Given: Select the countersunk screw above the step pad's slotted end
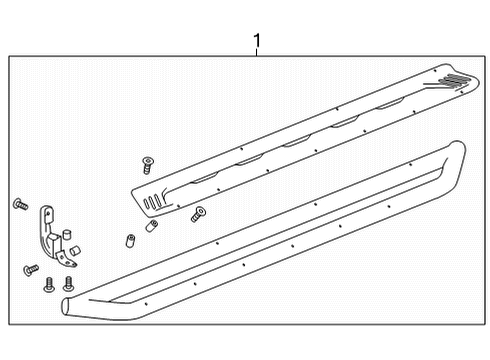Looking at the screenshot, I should click(x=149, y=160).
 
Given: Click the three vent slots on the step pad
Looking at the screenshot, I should click(x=151, y=203).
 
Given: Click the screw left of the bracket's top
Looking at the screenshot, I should click(x=19, y=204).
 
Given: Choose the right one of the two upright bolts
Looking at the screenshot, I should click(x=68, y=283).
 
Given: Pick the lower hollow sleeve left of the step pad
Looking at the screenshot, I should click(x=129, y=241).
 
